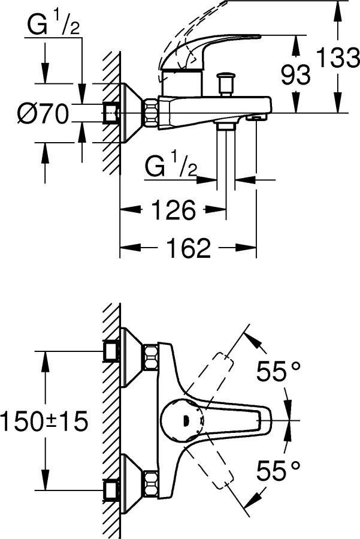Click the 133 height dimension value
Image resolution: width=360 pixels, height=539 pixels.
pos(337,59)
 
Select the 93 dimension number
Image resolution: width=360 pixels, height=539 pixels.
pos(296,74)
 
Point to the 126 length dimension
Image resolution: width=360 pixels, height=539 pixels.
pos(173,211)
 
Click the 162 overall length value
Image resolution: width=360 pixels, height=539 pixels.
pos(189,248)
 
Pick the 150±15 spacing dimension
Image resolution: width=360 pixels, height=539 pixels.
pos(44,421)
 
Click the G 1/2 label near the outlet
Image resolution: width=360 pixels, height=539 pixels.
pos(171,166)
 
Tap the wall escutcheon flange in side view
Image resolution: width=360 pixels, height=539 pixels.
pos(129,112)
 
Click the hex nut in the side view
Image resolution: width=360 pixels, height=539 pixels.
pos(150,112)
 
